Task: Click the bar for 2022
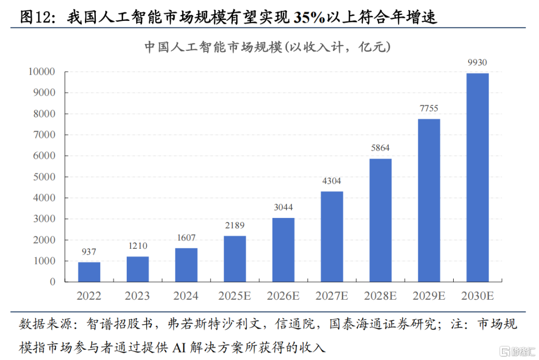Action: click(89, 272)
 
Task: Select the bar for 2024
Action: click(186, 265)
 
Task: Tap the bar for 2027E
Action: click(332, 236)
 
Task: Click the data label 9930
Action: click(478, 63)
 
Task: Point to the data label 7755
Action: click(429, 109)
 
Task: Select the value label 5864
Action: click(380, 148)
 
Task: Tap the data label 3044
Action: click(283, 207)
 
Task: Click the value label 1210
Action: click(137, 246)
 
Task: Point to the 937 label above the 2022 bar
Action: click(89, 252)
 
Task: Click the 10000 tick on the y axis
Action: click(40, 72)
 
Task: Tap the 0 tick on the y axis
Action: click(52, 282)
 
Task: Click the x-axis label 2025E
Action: click(235, 296)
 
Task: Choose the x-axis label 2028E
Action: click(380, 296)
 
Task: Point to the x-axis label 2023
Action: click(137, 296)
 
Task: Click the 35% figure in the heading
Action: click(308, 18)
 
